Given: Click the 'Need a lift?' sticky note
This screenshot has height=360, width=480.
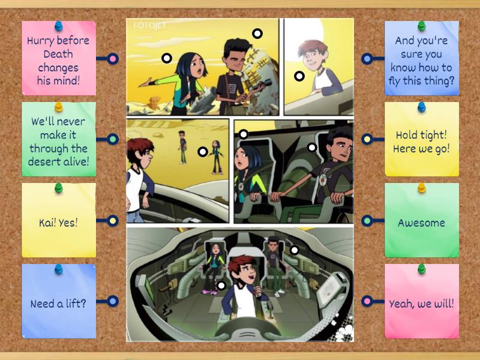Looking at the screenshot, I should click(58, 304).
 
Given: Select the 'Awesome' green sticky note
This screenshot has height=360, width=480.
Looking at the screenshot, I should click(421, 223).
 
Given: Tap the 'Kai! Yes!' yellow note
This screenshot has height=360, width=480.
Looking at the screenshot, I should click(58, 223).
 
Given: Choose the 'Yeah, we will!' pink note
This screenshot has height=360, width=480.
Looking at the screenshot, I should click(421, 304).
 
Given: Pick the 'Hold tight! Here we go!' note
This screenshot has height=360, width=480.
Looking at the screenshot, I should click(421, 142).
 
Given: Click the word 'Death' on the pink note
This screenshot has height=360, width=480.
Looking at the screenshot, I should click(58, 54).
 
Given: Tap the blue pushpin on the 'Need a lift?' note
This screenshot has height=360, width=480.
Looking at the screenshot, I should click(59, 269).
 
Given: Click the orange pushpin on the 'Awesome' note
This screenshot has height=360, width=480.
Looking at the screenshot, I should click(421, 188).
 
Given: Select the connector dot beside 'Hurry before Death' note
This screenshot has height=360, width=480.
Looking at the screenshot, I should click(113, 59).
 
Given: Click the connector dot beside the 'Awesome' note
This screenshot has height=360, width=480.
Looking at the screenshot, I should click(367, 221).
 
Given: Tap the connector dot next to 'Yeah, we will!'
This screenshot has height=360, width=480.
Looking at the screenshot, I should click(367, 301).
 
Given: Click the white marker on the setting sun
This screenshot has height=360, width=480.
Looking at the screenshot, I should click(257, 34).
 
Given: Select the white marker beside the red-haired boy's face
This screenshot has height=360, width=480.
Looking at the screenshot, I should click(299, 76).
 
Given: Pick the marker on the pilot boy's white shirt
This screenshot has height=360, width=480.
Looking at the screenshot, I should click(221, 286).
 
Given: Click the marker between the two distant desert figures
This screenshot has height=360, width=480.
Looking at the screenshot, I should click(203, 152).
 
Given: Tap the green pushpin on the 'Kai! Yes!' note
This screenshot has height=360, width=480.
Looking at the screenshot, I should click(59, 188).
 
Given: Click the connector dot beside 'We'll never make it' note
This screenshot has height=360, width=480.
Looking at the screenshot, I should click(113, 139).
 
